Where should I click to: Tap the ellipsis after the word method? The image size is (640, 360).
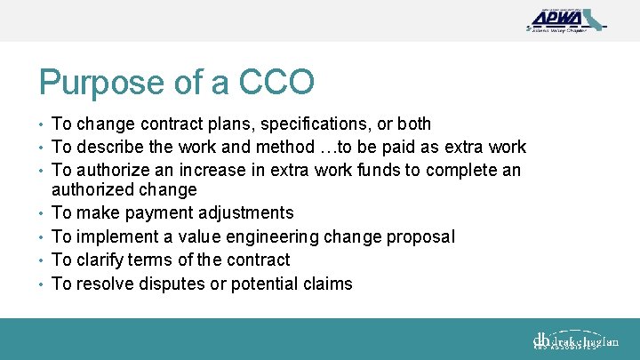point(308,147)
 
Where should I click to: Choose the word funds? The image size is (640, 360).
point(396,170)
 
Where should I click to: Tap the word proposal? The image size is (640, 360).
point(422,236)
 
